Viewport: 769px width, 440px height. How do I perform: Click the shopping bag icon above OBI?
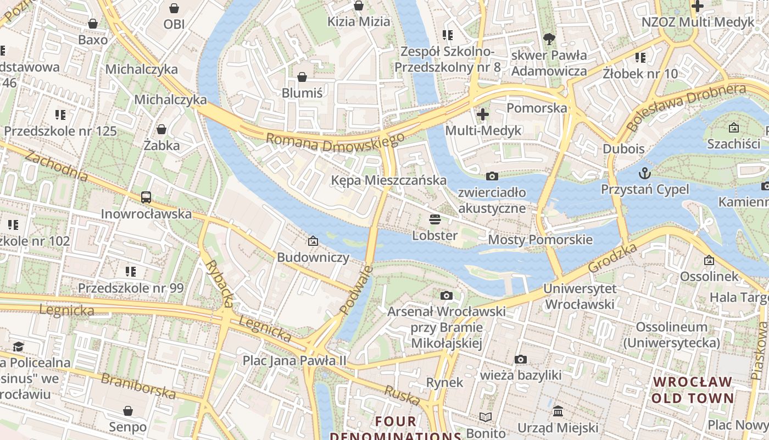click(174, 8)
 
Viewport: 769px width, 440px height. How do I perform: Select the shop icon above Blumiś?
click(302, 77)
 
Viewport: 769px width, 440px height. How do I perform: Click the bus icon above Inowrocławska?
click(146, 197)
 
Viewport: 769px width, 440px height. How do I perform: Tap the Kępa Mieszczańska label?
click(389, 180)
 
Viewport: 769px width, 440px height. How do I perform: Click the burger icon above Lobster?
click(435, 220)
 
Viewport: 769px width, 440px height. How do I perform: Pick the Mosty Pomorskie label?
click(540, 239)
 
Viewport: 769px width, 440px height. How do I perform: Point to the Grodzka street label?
click(612, 257)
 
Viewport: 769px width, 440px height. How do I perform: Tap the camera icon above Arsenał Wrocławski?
click(447, 296)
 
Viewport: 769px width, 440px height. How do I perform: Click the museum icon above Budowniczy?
click(313, 241)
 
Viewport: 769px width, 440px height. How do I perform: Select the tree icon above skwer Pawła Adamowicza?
click(548, 39)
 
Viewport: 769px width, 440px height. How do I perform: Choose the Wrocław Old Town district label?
click(693, 389)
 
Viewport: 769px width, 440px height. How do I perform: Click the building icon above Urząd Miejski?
click(558, 411)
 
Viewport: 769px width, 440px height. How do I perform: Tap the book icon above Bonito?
click(486, 417)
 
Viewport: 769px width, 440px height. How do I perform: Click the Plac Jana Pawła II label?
click(295, 360)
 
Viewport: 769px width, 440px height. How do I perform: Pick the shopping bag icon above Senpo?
click(128, 411)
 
